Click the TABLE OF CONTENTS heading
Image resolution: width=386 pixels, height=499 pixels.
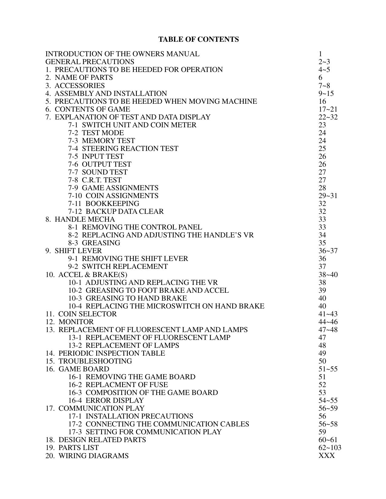coord(199,39)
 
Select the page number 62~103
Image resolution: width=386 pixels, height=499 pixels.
coord(330,448)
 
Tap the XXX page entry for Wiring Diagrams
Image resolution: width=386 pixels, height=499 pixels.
coord(327,455)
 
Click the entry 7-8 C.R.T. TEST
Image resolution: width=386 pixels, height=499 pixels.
coord(95,180)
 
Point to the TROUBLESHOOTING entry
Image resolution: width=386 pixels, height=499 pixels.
coord(95,361)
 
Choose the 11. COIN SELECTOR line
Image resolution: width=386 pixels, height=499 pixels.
coord(81,314)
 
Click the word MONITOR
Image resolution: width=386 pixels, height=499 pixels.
coord(76,322)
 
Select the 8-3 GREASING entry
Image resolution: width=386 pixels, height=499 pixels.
coord(94,243)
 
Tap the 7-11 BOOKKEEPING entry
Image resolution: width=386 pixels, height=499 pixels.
coord(104,204)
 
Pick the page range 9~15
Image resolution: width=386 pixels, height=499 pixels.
coord(326,93)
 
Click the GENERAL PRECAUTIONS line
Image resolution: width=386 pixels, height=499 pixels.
coord(90,62)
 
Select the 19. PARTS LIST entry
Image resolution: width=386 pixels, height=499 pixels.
coord(72,448)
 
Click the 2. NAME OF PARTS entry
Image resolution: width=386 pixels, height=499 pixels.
coord(79,77)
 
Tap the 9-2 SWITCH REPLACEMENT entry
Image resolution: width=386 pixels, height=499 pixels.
coord(118,266)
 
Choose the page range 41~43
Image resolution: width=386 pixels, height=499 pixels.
coord(328,314)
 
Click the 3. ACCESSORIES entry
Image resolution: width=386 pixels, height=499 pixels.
coord(75,86)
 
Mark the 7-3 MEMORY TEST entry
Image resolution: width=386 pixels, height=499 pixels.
coord(101,141)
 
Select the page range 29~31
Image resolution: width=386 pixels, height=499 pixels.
coord(328,196)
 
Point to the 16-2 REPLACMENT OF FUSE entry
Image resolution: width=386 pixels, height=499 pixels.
coord(118,385)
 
